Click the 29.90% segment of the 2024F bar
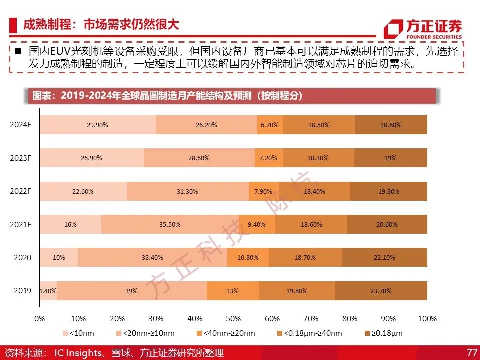pos(98,125)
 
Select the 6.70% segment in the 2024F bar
pos(270,125)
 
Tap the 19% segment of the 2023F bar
pos(390,158)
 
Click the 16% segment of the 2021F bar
pos(70,224)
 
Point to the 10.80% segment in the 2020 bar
pos(248,257)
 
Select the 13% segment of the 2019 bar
pos(233,291)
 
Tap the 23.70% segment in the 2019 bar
pos(381,291)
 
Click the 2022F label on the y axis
pos(20,191)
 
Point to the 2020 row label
pos(22,258)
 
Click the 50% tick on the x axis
pos(233,318)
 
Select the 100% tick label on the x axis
pos(427,318)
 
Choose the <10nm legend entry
pos(78,333)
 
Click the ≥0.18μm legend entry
pos(384,333)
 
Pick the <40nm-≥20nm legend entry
pos(226,333)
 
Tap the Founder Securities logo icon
pos(393,29)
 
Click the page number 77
pos(472,352)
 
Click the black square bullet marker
pos(18,50)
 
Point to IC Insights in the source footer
pos(78,353)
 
